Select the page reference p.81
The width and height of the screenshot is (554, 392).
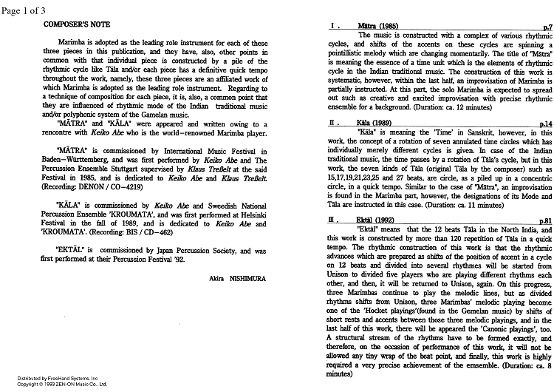point(544,220)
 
